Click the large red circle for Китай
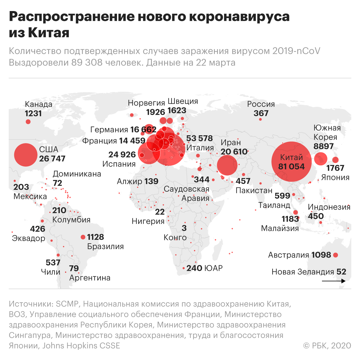(x=291, y=162)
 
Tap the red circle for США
(x=26, y=155)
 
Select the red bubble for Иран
(x=227, y=165)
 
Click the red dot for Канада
(x=28, y=122)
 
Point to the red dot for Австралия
(x=336, y=255)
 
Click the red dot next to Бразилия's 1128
(x=83, y=237)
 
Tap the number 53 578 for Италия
(x=199, y=138)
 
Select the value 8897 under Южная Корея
(x=323, y=146)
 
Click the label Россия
(x=261, y=104)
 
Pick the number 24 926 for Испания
(x=122, y=154)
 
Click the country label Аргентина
(x=90, y=278)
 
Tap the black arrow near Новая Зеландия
(x=334, y=281)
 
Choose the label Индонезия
(x=329, y=207)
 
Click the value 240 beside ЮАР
(x=194, y=268)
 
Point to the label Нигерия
(x=148, y=221)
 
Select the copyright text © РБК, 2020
(x=327, y=345)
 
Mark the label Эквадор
(x=28, y=238)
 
